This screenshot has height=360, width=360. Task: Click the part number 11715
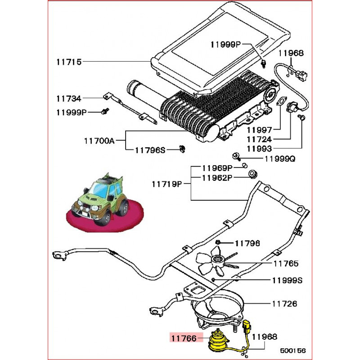(x=69, y=62)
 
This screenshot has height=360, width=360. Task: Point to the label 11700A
(x=99, y=140)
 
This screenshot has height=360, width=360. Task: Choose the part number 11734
(x=69, y=98)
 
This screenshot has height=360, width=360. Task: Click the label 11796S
(x=150, y=150)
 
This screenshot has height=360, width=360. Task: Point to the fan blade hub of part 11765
(x=219, y=260)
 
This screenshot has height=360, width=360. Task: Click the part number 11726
(x=284, y=304)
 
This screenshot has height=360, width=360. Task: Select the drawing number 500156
(x=293, y=350)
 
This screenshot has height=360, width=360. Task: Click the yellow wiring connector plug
(x=247, y=326)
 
